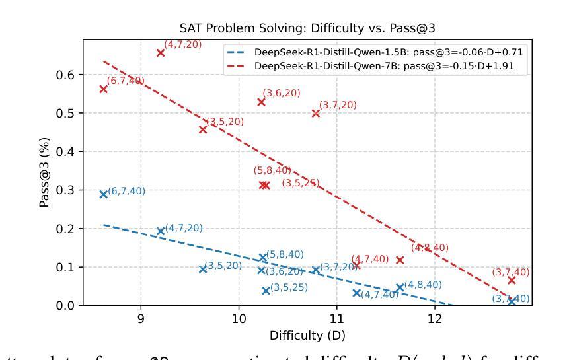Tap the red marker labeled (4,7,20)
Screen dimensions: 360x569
click(161, 52)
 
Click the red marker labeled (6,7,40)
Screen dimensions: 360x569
click(104, 89)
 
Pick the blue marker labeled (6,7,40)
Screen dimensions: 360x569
click(104, 194)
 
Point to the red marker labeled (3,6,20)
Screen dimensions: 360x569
click(261, 102)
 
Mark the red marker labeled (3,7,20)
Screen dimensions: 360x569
click(316, 113)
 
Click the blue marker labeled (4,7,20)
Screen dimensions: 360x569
click(161, 231)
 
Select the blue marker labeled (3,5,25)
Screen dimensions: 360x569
click(266, 291)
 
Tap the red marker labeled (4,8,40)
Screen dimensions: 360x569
click(400, 260)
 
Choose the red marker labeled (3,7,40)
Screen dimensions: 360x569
click(512, 280)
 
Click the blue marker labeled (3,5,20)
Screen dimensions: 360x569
click(203, 269)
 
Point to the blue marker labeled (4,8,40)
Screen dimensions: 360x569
click(400, 288)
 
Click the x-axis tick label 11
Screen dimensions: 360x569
click(337, 320)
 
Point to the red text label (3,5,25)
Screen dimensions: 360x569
click(303, 183)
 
